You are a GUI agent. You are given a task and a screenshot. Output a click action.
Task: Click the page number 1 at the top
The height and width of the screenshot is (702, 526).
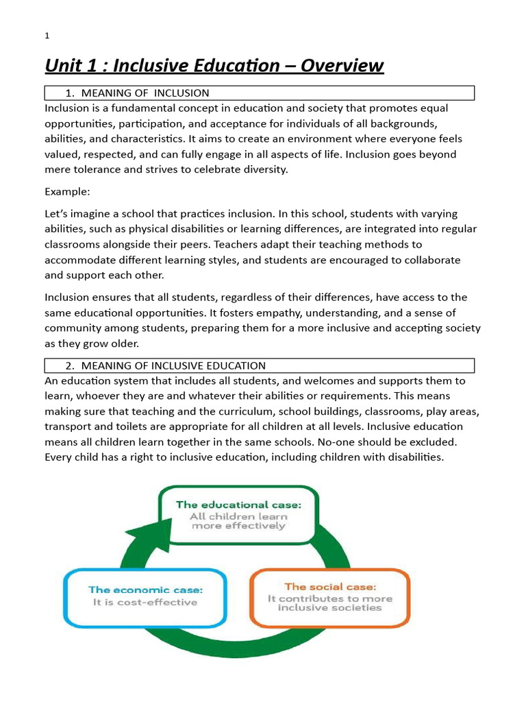coord(47,36)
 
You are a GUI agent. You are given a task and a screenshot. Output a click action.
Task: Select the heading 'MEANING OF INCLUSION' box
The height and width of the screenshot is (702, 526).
coord(259,93)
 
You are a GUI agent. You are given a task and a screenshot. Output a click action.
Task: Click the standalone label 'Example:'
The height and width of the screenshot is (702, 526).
coord(67,191)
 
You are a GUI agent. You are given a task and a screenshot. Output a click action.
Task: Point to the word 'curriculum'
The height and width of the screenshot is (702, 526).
coord(257,411)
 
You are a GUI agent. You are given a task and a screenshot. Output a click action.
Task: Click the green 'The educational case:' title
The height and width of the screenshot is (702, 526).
coord(238,505)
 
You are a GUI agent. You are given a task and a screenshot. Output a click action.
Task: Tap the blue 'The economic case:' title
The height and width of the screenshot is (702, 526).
coord(145,590)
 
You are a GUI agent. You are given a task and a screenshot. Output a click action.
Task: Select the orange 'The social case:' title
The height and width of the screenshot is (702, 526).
coord(329,587)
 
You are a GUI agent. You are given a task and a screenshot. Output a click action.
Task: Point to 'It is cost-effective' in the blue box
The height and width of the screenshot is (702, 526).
coord(145,603)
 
